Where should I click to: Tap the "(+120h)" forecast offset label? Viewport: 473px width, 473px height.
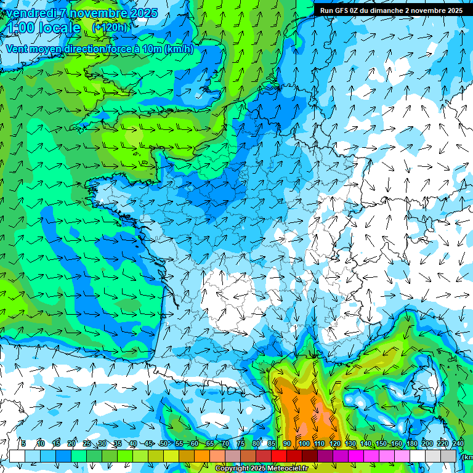click(109, 27)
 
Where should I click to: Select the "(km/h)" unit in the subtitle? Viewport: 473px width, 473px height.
click(179, 49)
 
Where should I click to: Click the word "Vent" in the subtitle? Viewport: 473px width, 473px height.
click(17, 49)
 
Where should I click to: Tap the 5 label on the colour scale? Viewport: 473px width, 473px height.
click(23, 443)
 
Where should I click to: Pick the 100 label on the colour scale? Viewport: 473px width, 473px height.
click(304, 443)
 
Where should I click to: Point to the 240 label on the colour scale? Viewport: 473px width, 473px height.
click(458, 443)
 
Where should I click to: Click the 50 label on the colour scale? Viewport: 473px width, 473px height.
click(164, 443)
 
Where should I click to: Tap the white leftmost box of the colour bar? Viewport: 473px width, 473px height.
click(17, 456)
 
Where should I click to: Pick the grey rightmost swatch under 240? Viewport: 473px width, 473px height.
click(450, 456)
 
